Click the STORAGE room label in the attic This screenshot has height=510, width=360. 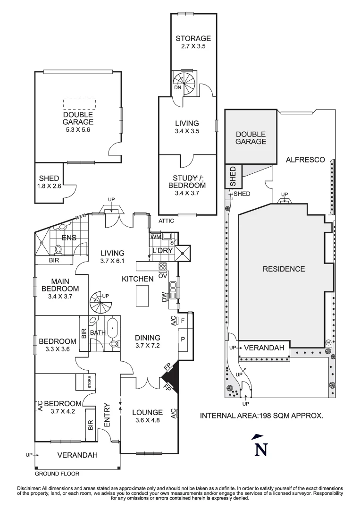pyautogui.click(x=193, y=38)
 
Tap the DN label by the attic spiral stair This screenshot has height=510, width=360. pyautogui.click(x=178, y=87)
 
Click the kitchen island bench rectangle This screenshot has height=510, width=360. pyautogui.click(x=142, y=296)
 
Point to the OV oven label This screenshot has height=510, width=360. pyautogui.click(x=162, y=276)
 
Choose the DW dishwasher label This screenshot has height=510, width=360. pyautogui.click(x=164, y=297)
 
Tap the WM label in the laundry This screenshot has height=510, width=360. pyautogui.click(x=156, y=237)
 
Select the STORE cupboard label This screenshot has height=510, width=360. pyautogui.click(x=89, y=382)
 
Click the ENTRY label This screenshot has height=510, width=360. pyautogui.click(x=107, y=415)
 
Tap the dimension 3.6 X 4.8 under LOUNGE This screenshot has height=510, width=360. pyautogui.click(x=148, y=420)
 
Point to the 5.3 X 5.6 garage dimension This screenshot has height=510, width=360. pyautogui.click(x=78, y=129)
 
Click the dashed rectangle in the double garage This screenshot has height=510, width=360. pyautogui.click(x=80, y=104)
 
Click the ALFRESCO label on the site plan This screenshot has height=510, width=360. pyautogui.click(x=305, y=160)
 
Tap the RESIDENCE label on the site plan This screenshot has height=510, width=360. pyautogui.click(x=284, y=269)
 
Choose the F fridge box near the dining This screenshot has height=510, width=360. pyautogui.click(x=183, y=321)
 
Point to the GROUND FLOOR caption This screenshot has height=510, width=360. pyautogui.click(x=57, y=474)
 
